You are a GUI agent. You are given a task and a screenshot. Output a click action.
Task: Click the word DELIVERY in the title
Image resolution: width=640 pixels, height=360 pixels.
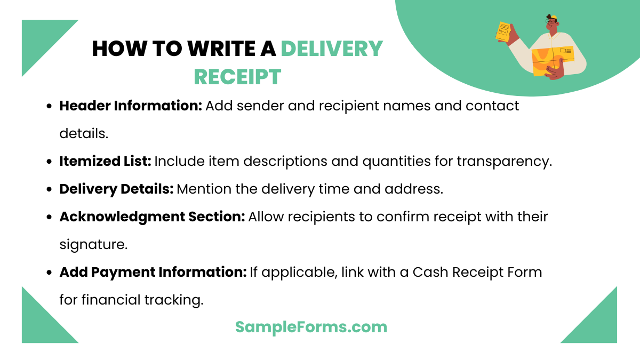click(332, 49)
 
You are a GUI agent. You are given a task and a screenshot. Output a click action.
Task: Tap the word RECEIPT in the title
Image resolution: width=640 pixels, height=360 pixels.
click(237, 77)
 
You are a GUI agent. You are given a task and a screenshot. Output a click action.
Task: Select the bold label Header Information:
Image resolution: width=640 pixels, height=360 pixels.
click(130, 106)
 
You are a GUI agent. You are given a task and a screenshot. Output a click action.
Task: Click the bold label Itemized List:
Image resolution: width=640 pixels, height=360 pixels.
click(105, 162)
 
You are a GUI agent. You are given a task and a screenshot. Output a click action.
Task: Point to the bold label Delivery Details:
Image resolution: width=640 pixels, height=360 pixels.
click(116, 189)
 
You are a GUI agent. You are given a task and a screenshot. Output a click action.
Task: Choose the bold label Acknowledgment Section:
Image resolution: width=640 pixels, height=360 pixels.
click(152, 217)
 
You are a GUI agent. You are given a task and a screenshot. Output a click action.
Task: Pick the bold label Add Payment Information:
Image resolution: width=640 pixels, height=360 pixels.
click(153, 273)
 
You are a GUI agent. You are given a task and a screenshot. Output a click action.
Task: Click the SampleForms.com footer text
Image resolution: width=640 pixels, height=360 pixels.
click(311, 327)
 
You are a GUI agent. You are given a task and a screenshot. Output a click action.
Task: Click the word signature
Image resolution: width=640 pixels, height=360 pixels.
click(93, 245)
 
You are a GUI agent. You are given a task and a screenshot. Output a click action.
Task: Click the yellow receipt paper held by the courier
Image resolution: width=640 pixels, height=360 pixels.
click(502, 33)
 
